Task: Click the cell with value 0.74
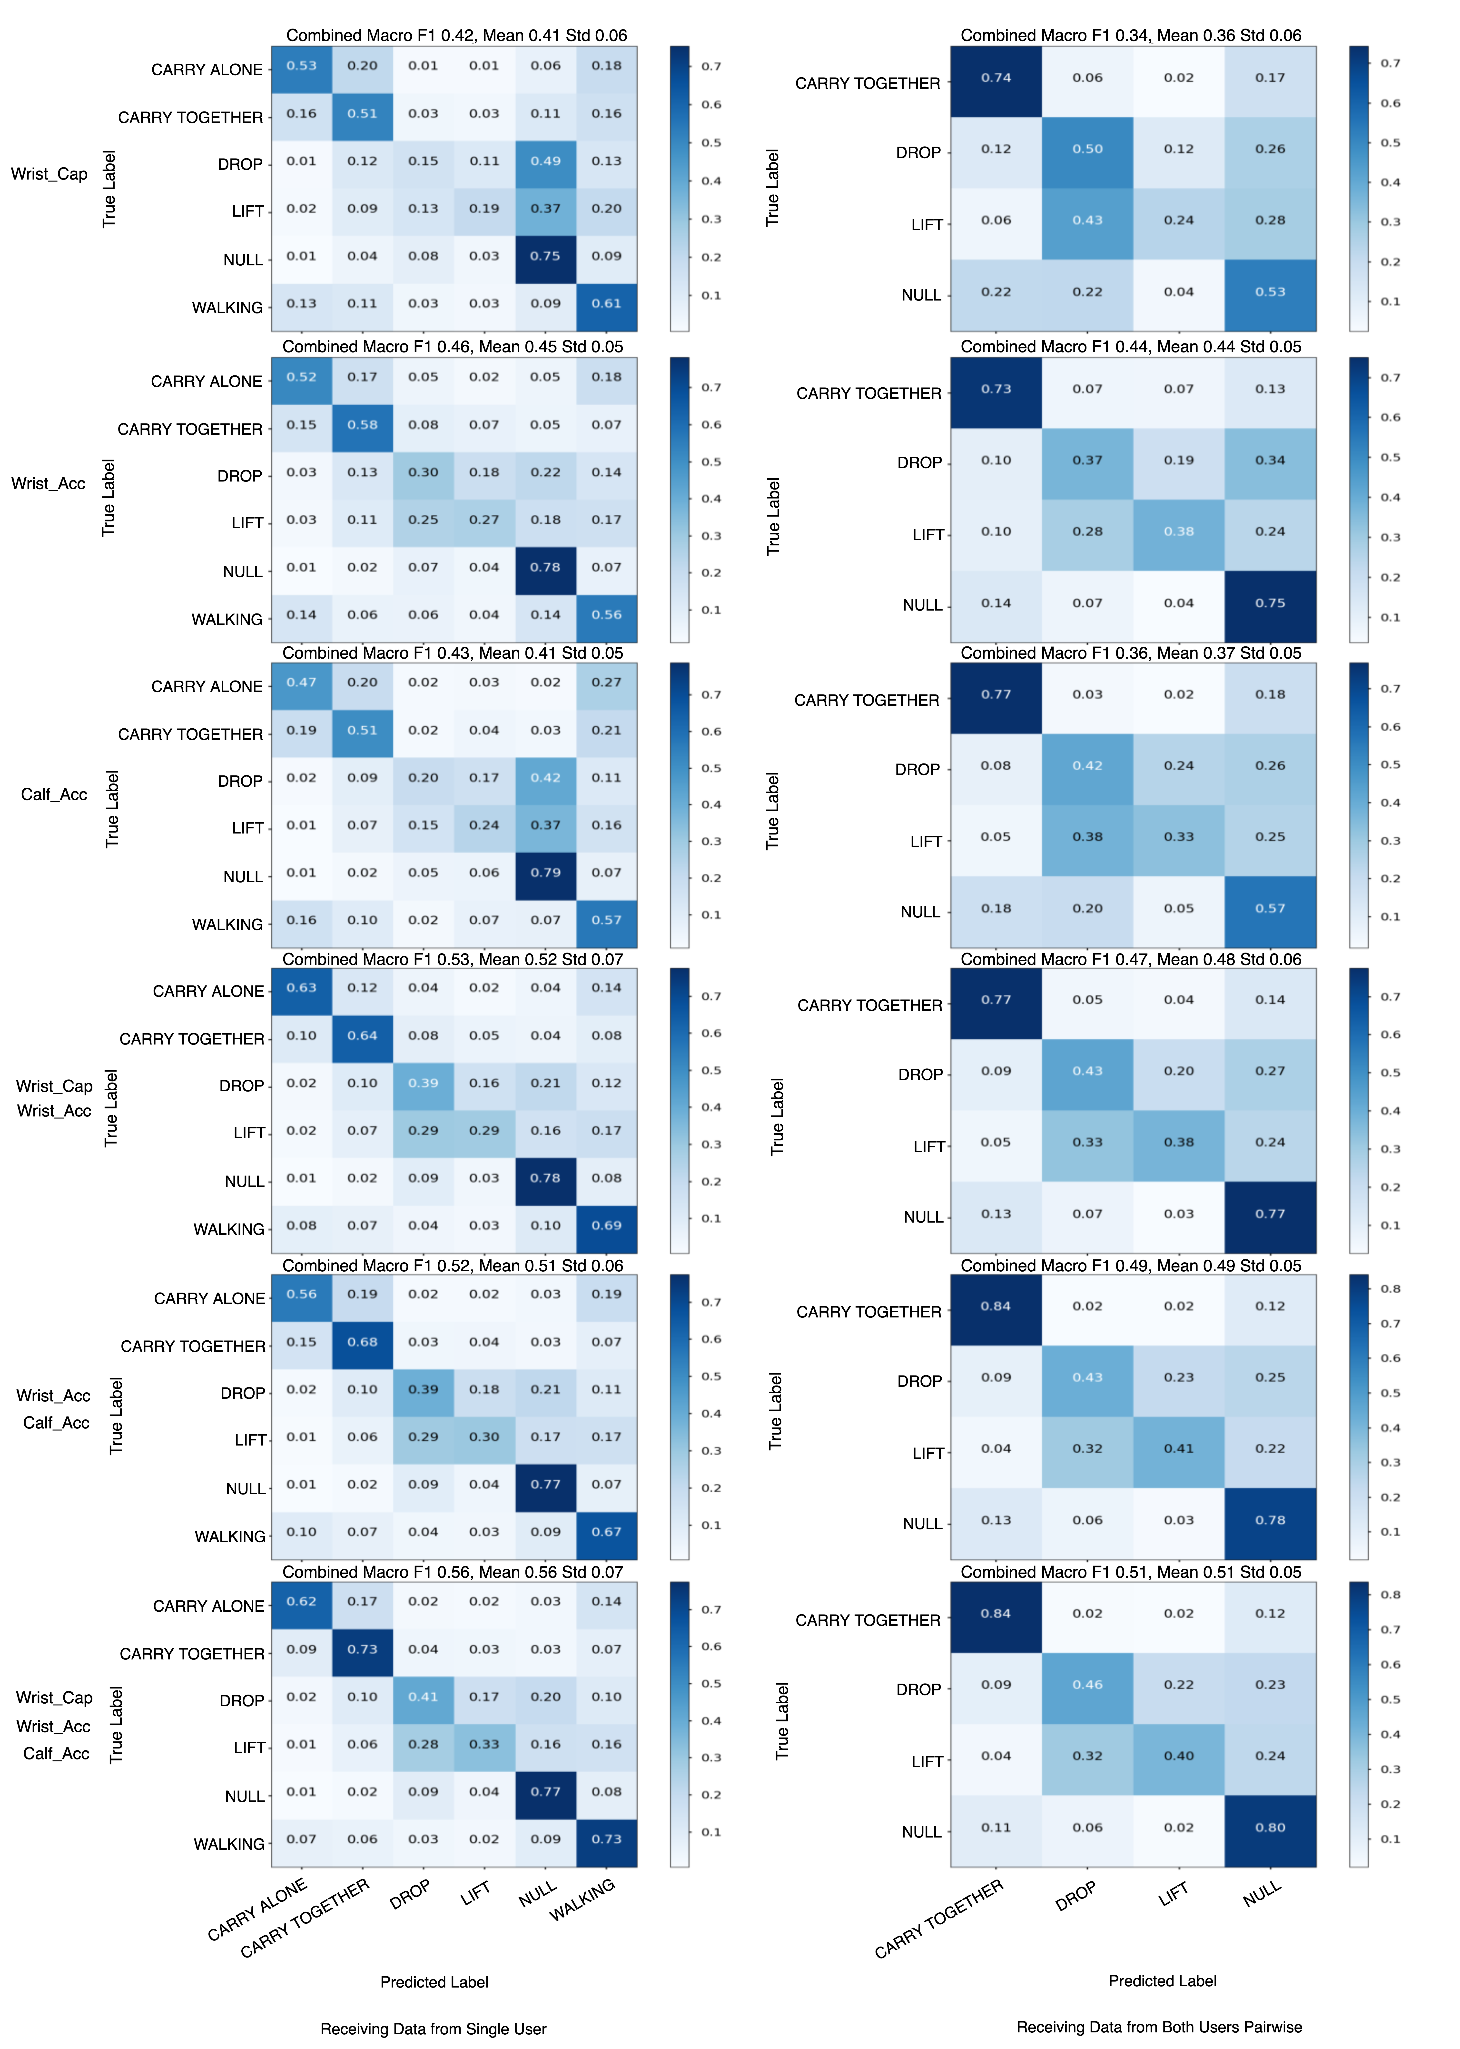pyautogui.click(x=996, y=78)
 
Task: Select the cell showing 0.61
pyautogui.click(x=607, y=304)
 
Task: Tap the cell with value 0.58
pyautogui.click(x=362, y=425)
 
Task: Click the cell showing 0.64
pyautogui.click(x=362, y=1036)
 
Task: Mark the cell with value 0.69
pyautogui.click(x=607, y=1226)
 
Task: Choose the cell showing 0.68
pyautogui.click(x=362, y=1342)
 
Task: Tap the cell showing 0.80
pyautogui.click(x=1270, y=1828)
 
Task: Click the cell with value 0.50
pyautogui.click(x=1088, y=149)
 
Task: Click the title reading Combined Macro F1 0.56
pyautogui.click(x=453, y=1572)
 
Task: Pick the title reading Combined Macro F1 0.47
pyautogui.click(x=1131, y=960)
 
